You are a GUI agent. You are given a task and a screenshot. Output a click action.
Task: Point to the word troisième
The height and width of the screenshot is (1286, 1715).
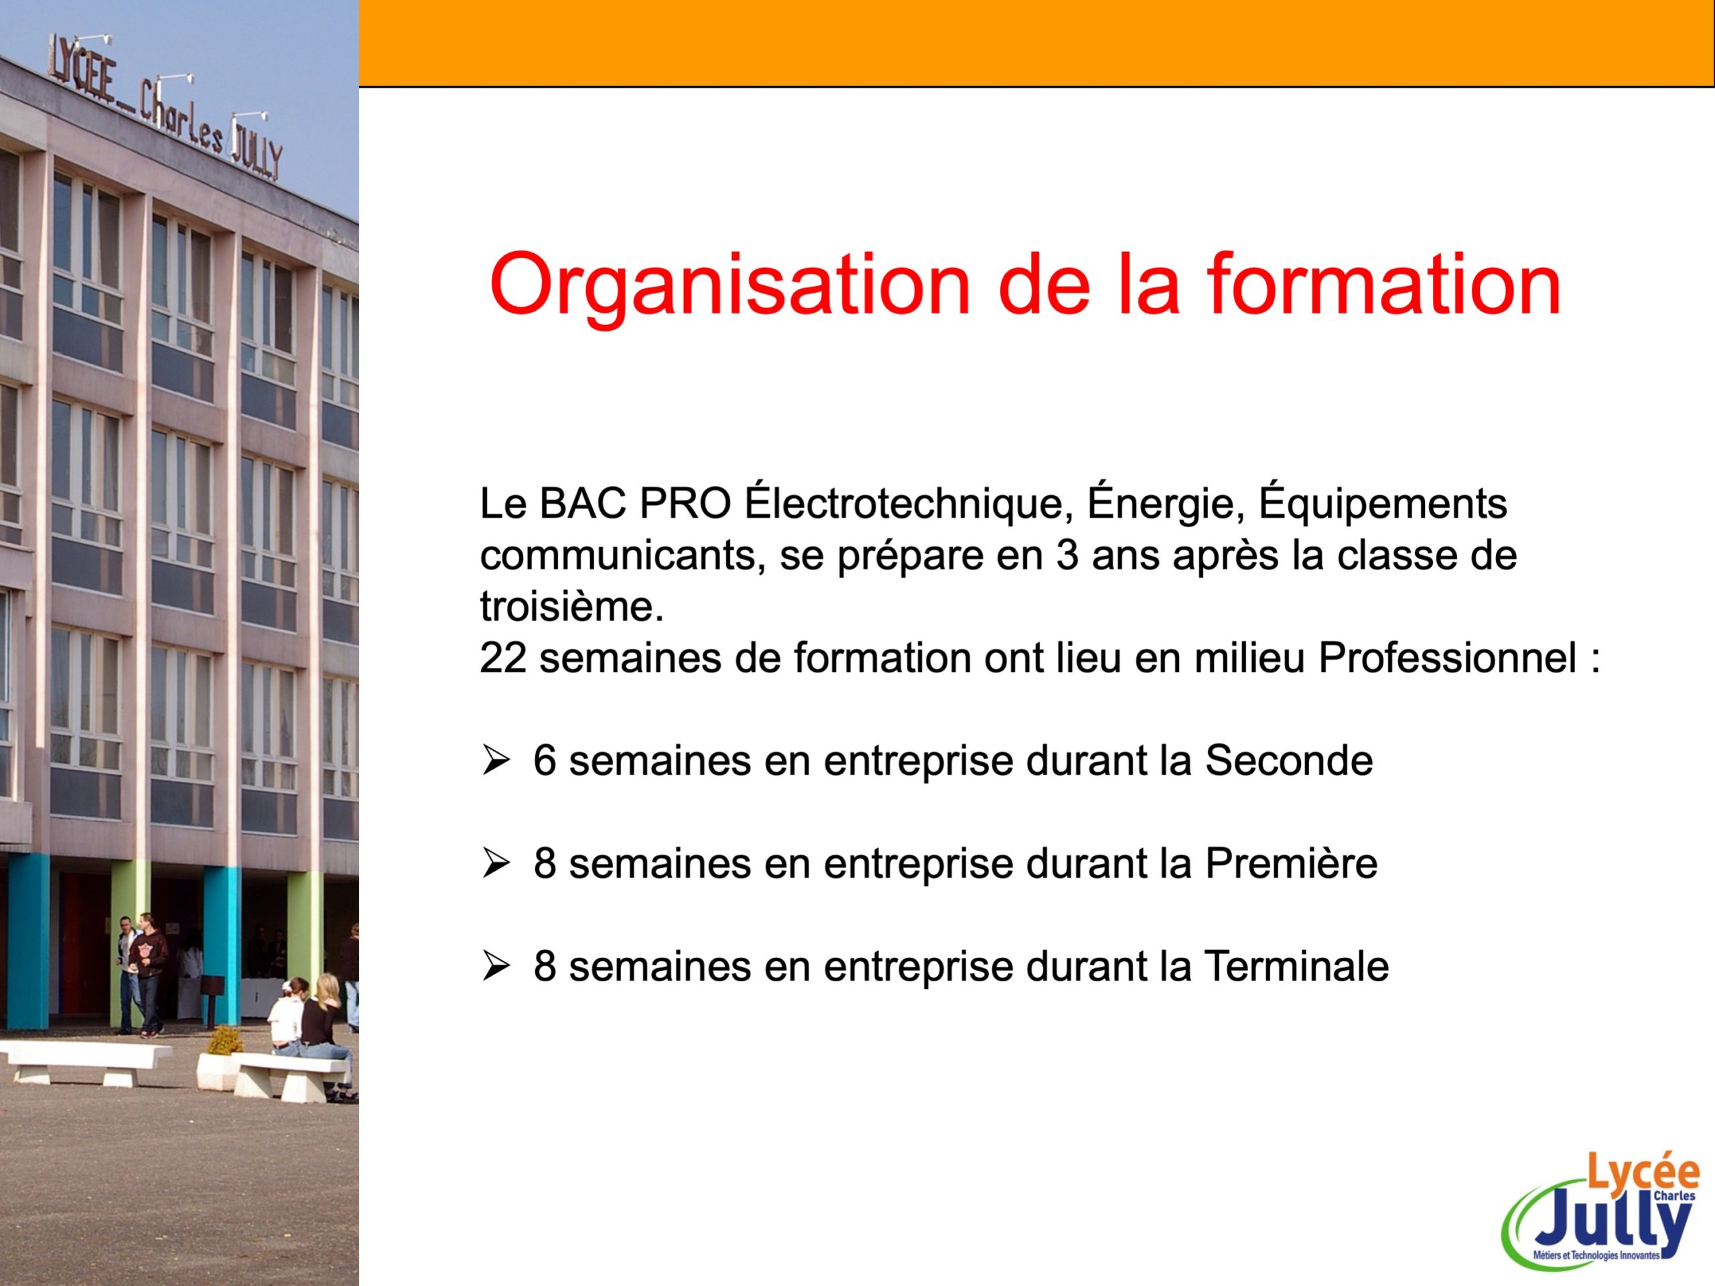click(572, 606)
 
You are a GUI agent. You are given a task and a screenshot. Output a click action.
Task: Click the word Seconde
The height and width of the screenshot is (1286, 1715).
click(1288, 760)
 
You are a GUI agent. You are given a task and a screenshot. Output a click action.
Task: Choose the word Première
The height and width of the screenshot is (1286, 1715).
click(1291, 863)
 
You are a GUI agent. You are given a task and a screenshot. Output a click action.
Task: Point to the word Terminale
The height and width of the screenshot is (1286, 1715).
click(1296, 967)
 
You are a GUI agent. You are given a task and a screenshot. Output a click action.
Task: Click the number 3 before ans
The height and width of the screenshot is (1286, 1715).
click(1068, 555)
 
